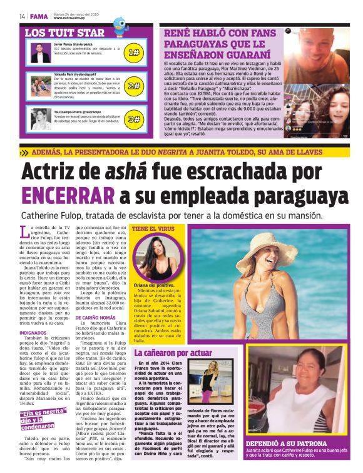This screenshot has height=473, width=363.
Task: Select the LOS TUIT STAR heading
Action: coord(64,33)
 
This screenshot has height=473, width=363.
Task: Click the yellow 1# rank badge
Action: coord(133,54)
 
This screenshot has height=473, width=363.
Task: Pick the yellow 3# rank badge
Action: coord(133,118)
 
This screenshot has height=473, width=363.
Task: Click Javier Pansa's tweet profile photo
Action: coord(41,53)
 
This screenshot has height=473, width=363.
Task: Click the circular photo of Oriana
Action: coord(153,257)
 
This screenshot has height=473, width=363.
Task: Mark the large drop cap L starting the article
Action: coord(26,233)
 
